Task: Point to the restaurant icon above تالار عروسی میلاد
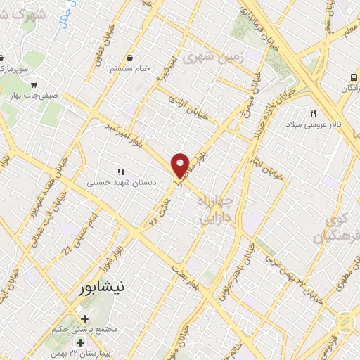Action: [314, 112]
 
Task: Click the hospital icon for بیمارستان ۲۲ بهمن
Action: [81, 342]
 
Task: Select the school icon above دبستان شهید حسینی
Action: [120, 171]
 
